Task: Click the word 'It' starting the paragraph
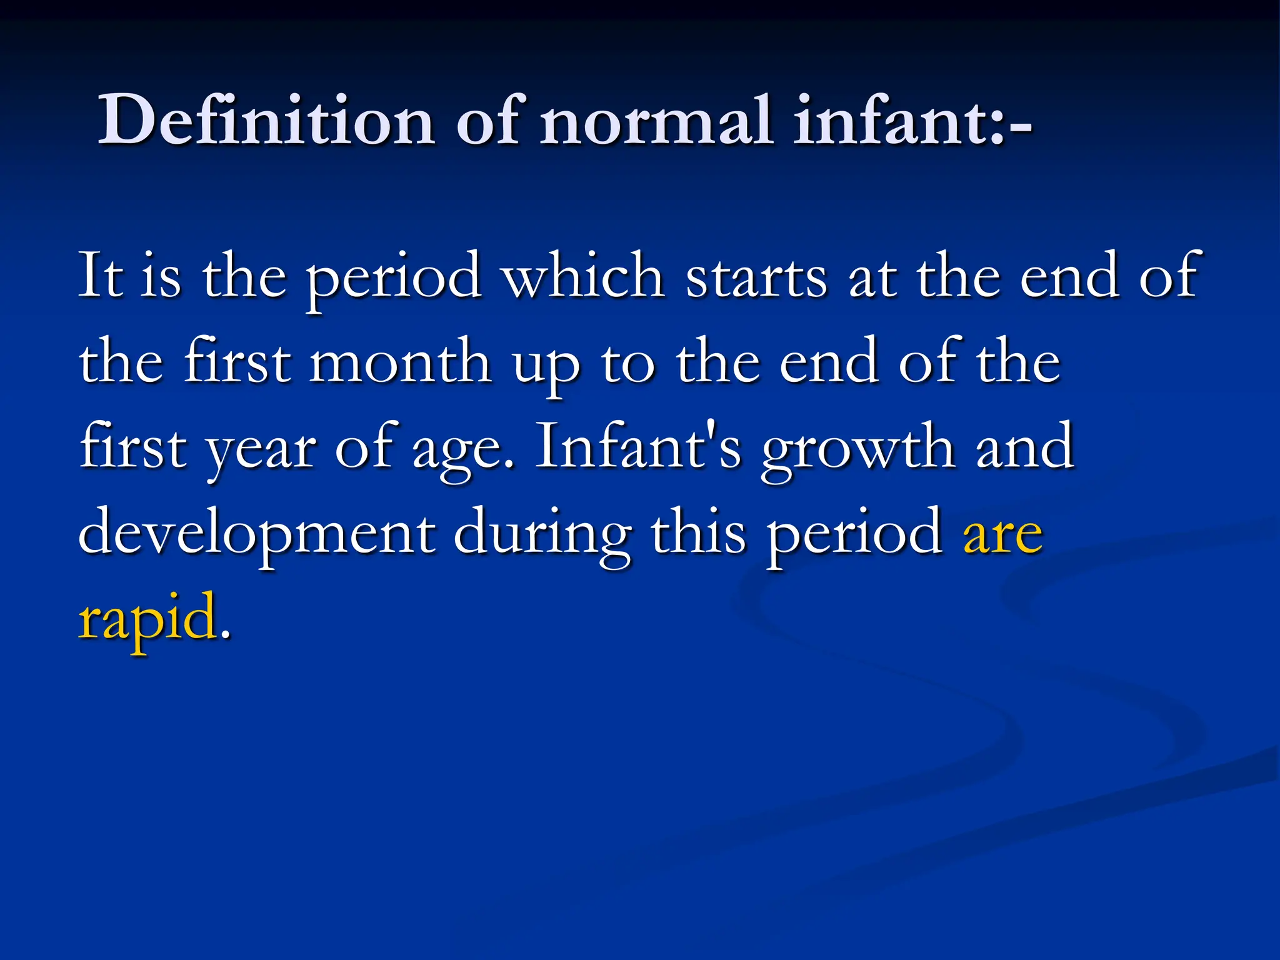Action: click(100, 276)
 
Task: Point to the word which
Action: click(584, 276)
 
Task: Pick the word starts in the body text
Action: click(756, 276)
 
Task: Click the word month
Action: click(400, 362)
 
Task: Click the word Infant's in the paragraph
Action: click(638, 446)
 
